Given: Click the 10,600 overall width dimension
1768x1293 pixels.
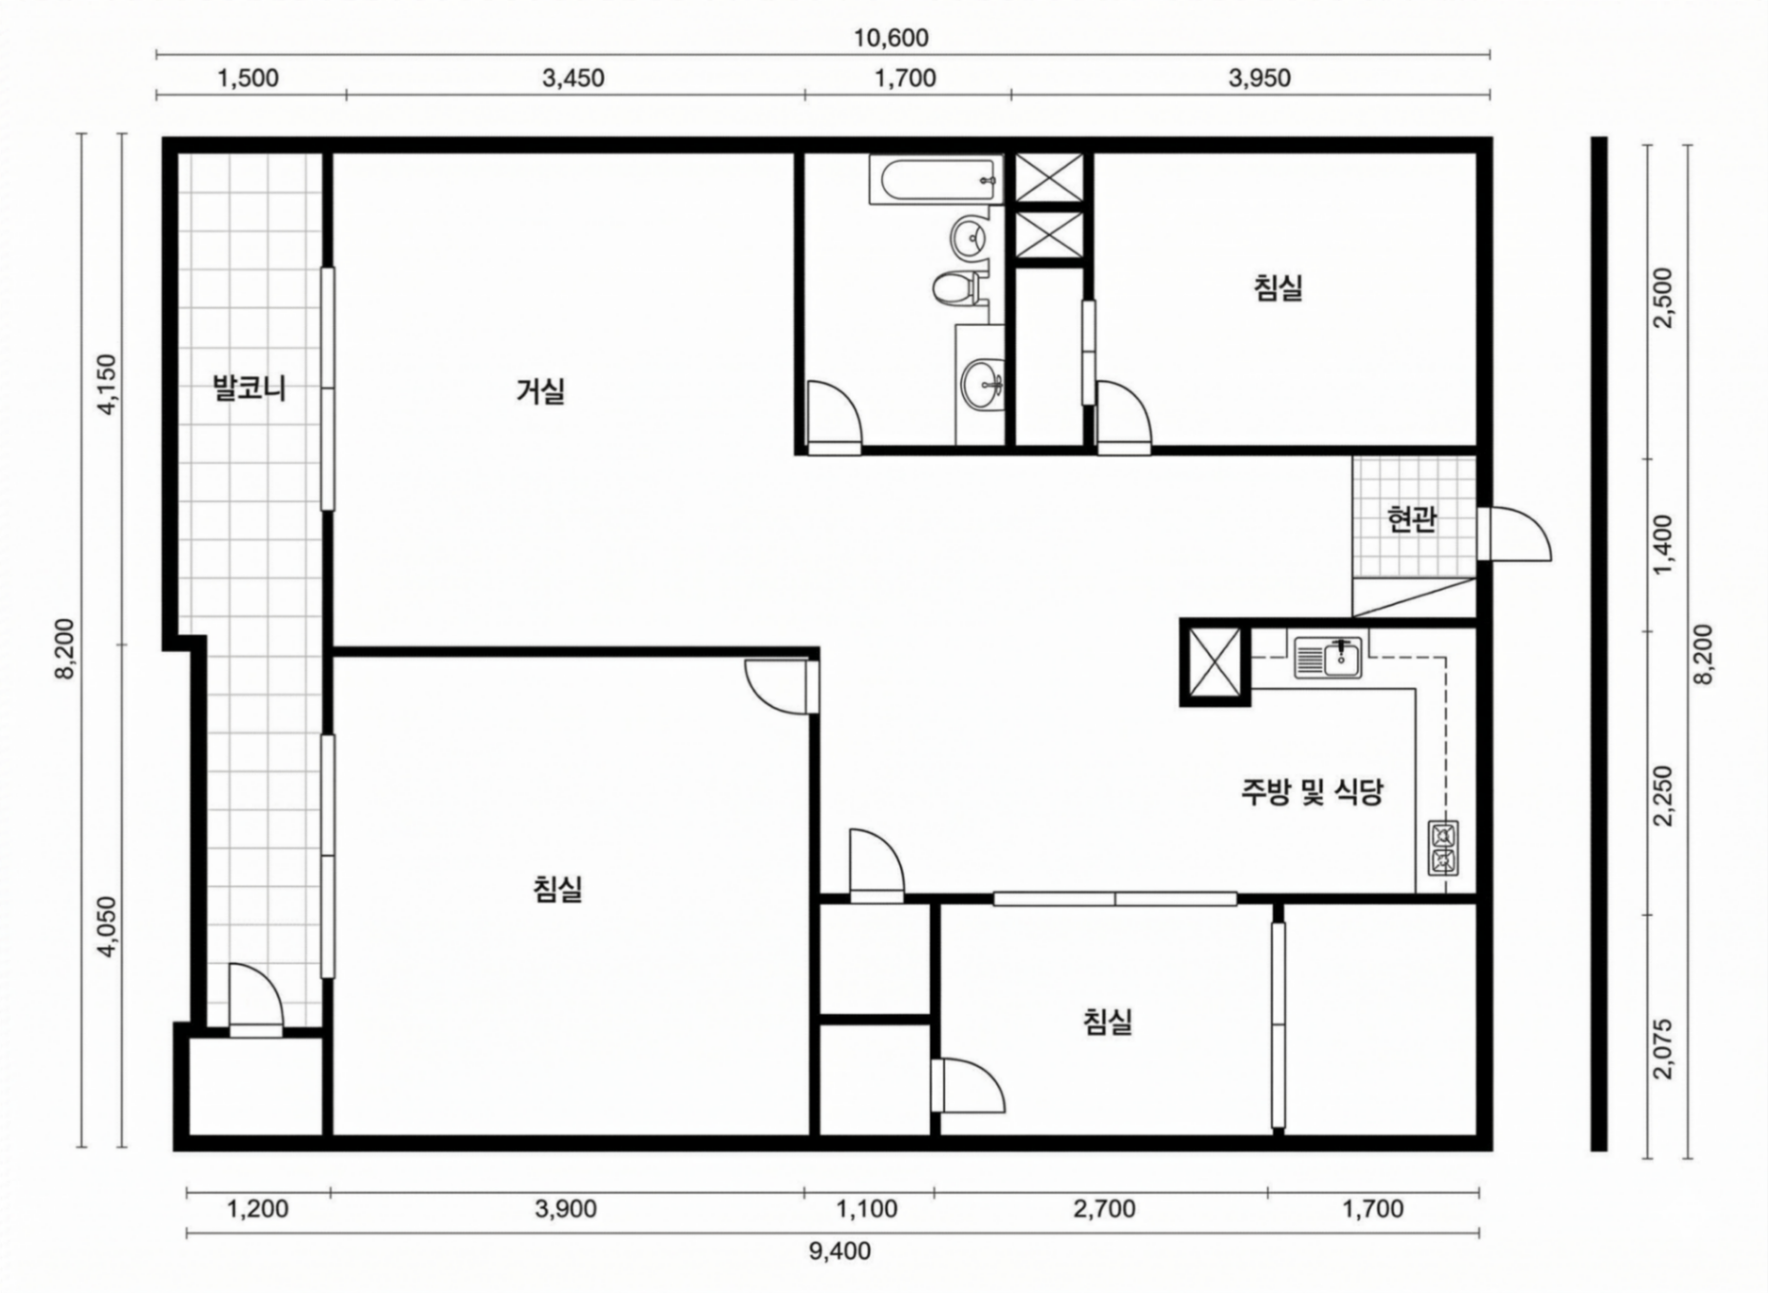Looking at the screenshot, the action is coord(891,38).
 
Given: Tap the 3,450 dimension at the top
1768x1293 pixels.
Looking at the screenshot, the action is coord(573,78).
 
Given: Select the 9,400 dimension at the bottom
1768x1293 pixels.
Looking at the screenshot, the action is coord(840,1251).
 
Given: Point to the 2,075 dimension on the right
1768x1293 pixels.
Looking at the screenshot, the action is coord(1663,1049).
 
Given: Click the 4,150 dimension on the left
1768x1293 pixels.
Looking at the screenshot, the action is coord(106,385).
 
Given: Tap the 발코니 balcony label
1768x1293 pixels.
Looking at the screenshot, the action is coord(250,389).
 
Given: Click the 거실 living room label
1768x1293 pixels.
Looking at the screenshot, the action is coord(541,391).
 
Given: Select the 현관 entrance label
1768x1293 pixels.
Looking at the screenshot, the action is coord(1412,519).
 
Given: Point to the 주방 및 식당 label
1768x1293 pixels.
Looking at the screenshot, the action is coord(1312,792).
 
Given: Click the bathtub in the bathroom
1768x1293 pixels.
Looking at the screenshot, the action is coord(936,181).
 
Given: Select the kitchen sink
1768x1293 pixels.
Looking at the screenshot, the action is coord(1328,657).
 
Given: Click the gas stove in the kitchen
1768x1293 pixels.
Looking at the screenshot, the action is coord(1443,848).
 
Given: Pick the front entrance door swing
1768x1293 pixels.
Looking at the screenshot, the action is coord(1515,534).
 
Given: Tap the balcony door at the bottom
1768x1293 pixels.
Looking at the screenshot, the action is coord(255,1000).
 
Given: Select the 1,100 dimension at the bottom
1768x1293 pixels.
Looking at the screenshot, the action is coord(867,1209).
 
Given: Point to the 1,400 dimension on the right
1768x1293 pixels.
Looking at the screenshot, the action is coord(1663,545).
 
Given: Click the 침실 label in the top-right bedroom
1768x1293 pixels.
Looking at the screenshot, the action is coord(1278,288).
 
